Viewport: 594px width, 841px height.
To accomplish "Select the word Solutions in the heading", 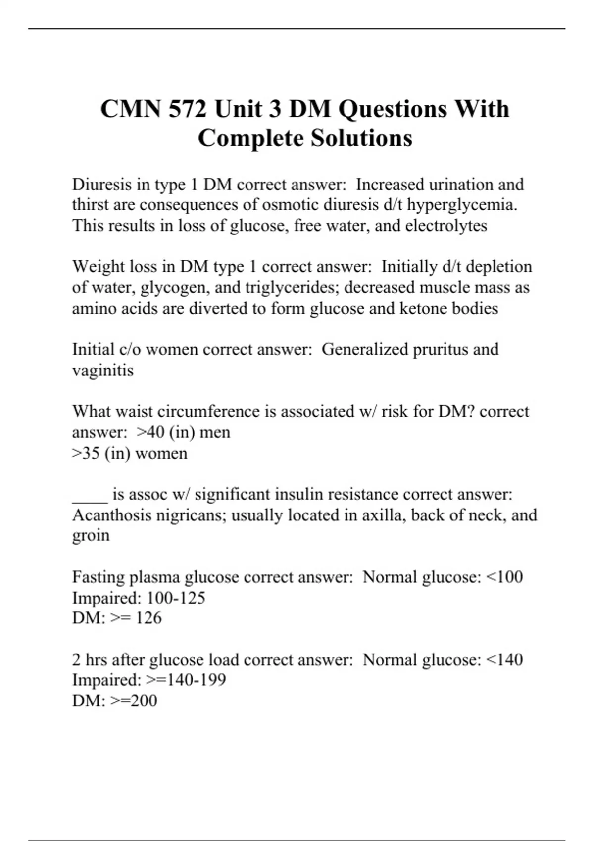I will coord(361,138).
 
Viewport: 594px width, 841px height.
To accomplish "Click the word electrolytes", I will coord(446,226).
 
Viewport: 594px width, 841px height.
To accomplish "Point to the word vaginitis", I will coord(103,371).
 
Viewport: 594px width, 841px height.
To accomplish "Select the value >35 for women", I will coord(86,453).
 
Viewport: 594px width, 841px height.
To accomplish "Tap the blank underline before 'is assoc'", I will coord(90,495).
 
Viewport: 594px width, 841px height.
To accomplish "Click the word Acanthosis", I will coord(112,515).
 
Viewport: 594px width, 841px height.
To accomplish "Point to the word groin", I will coord(91,536).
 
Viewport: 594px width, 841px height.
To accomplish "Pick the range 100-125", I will coord(175,598).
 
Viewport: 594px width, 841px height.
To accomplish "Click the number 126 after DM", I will coord(148,618).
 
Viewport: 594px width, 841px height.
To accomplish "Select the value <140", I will coord(504,659).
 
